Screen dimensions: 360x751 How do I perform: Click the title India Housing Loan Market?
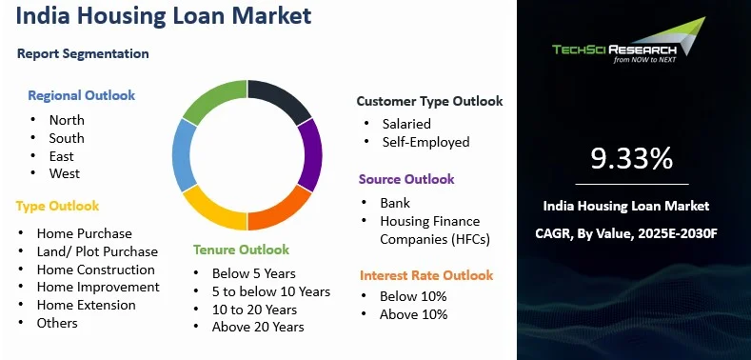pos(162,17)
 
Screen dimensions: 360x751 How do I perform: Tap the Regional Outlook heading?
pos(81,95)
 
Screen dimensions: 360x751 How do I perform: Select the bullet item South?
pos(67,138)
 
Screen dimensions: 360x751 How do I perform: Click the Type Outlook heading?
pos(57,206)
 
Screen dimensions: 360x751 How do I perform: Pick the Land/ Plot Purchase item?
pos(97,251)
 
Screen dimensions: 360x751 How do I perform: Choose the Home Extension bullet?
pos(86,305)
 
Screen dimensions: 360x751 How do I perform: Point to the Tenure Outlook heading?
pos(241,250)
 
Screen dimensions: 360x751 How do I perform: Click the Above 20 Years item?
pos(259,327)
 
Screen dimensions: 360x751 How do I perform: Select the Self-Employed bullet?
pos(425,142)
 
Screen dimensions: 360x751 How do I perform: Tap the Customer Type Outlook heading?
pos(429,101)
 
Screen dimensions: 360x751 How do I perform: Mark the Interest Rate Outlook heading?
pos(426,275)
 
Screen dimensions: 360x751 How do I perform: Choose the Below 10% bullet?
pos(413,296)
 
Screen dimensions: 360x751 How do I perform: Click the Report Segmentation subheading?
pos(83,53)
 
